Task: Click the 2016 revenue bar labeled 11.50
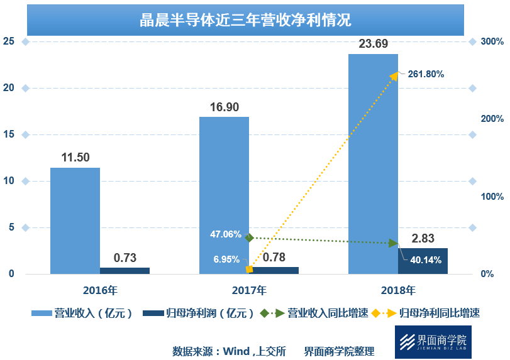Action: pos(75,220)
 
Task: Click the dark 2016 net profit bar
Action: pos(125,271)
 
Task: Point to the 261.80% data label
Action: pos(426,74)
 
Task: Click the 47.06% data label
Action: pos(225,234)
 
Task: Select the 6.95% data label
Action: pos(226,259)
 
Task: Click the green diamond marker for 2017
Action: pos(249,237)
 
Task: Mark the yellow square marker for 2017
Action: pos(249,270)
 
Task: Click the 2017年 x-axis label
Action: pos(249,290)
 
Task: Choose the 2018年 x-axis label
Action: pos(398,290)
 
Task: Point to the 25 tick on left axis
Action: pos(9,41)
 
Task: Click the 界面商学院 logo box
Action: pos(433,342)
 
